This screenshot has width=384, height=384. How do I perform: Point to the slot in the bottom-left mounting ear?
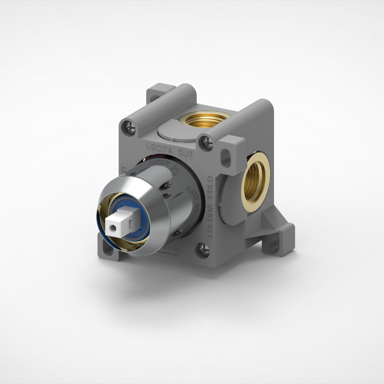tap(105, 245)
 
